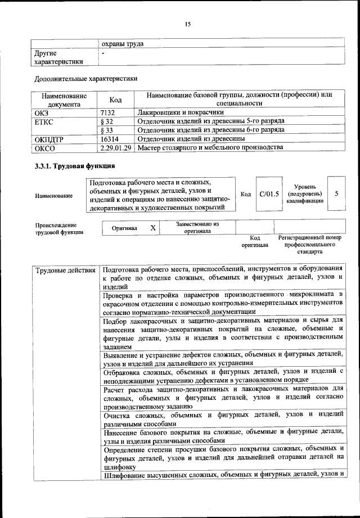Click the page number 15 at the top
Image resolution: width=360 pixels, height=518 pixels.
(188, 24)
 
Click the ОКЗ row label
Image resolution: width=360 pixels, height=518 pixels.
(42, 112)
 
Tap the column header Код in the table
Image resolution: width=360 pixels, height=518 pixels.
(115, 100)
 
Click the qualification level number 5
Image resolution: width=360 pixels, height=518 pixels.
(336, 193)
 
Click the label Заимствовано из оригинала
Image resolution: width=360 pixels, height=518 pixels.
(197, 227)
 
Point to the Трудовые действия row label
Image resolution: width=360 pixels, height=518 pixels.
(65, 271)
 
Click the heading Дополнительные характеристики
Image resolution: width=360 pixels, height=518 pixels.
(85, 79)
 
